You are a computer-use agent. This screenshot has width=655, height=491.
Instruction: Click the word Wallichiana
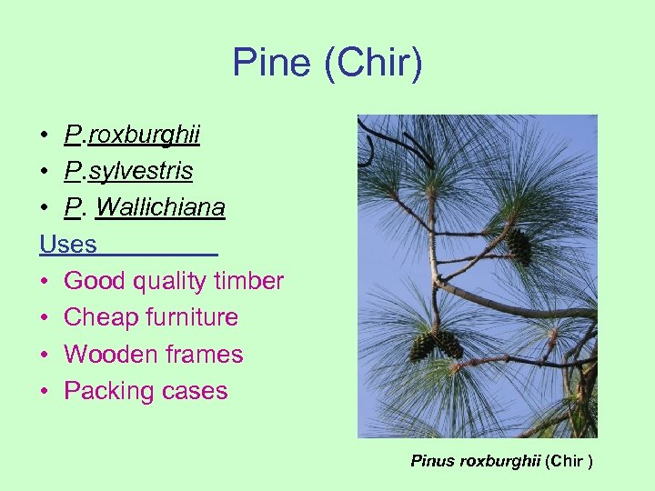pos(160,208)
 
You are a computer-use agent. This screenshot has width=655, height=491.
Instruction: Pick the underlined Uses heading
pos(68,245)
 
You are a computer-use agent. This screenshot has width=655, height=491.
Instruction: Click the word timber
pos(248,281)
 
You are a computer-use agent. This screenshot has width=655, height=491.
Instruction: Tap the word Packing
pos(106,391)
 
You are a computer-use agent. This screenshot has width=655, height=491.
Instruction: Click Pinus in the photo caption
pos(433,461)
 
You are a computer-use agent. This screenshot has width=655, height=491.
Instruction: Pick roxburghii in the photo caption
pos(501,461)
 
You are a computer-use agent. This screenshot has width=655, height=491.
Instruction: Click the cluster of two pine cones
pos(436,345)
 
